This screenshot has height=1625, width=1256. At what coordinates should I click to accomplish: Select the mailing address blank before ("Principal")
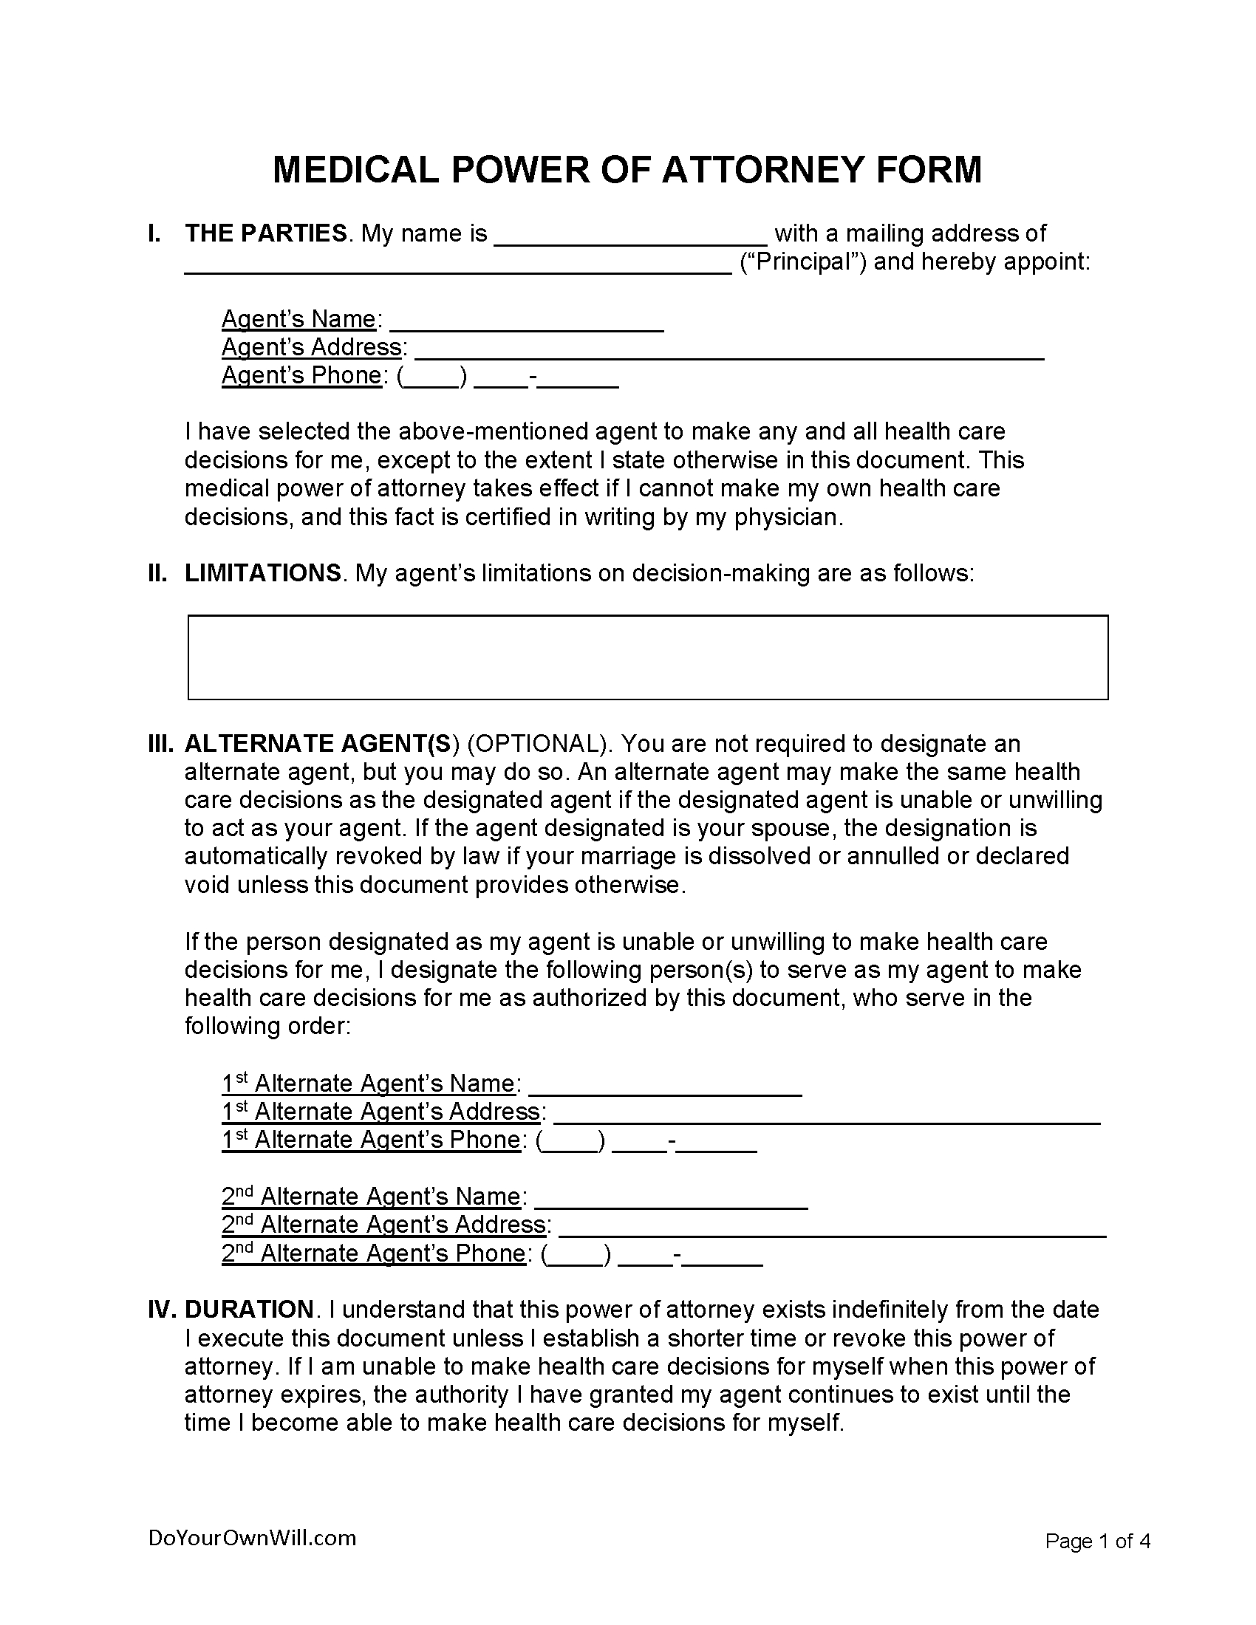457,266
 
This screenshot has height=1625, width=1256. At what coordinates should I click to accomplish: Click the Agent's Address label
313,347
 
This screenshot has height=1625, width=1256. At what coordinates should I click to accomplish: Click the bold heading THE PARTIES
266,233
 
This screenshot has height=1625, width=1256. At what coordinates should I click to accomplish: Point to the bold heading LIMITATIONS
263,573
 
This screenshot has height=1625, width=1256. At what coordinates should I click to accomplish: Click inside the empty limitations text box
647,657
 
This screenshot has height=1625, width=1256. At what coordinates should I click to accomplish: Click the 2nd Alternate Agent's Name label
372,1197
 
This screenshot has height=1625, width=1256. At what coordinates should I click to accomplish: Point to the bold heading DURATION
249,1310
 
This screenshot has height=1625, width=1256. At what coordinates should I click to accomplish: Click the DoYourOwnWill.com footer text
252,1538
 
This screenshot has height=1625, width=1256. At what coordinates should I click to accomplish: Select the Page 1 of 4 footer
1097,1541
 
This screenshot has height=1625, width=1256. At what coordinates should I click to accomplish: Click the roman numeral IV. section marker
161,1310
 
